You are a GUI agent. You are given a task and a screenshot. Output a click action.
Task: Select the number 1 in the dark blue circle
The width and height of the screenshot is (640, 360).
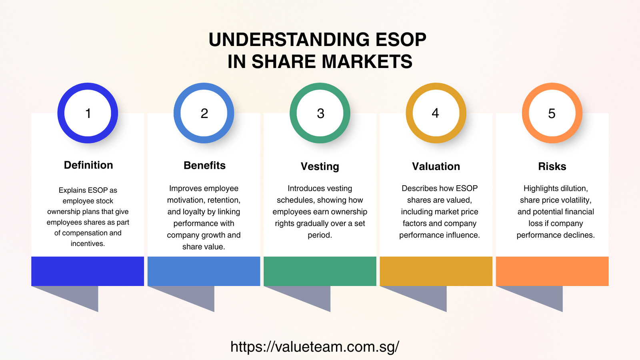pos(88,114)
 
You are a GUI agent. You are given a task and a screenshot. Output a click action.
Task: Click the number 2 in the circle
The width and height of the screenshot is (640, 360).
pos(204,114)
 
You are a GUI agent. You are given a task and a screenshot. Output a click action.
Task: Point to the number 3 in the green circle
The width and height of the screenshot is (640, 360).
pos(320,114)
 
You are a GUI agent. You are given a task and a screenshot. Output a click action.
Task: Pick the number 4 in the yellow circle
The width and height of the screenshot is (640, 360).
pos(436,113)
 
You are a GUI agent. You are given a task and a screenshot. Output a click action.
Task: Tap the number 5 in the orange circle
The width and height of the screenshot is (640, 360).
pos(552,114)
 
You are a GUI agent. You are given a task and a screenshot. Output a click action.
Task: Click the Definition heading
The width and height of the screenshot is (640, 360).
pos(88,165)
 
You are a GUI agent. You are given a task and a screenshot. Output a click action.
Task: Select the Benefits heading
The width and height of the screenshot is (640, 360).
pos(204,166)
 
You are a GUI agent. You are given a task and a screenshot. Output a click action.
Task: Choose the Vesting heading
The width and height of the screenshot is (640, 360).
pos(320,166)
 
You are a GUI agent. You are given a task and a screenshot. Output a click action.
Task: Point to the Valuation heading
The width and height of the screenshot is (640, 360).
pos(436,166)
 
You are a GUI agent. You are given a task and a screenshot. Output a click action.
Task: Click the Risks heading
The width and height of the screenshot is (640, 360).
pos(552,166)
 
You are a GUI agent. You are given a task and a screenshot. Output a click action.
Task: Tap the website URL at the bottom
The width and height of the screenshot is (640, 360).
pos(315,346)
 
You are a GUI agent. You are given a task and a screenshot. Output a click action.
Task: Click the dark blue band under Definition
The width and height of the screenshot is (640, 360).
pos(88,271)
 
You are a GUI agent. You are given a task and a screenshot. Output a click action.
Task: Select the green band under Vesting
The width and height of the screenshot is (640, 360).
pos(320,271)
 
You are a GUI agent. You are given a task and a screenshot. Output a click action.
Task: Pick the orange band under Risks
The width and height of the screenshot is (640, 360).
pos(552,271)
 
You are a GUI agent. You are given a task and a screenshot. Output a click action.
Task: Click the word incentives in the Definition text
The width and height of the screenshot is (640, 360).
pos(87,244)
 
